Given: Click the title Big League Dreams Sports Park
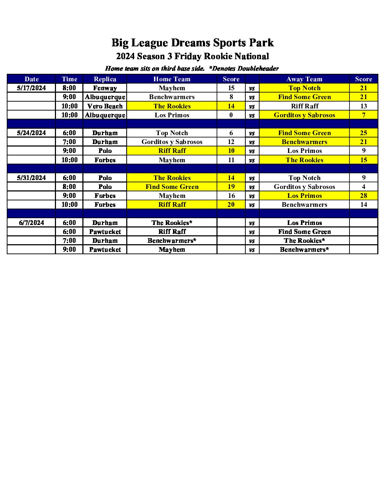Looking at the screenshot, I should [x=193, y=43].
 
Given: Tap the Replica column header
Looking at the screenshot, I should [x=105, y=79].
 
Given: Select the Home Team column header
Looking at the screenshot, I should [x=172, y=79].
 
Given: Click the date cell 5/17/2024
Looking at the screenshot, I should [x=31, y=88].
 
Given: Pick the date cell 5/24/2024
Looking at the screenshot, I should [x=31, y=133].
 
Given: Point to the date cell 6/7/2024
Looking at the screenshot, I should [x=31, y=223].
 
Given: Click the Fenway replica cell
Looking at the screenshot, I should [x=105, y=88].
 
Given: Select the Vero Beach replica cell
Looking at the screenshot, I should [x=105, y=106].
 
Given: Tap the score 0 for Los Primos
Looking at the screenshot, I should [x=231, y=115].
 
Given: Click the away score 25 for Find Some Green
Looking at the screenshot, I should [x=363, y=133].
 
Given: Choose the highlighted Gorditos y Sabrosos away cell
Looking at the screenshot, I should [x=304, y=115].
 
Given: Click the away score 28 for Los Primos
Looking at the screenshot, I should [x=363, y=196].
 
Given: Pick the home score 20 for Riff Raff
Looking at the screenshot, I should [x=231, y=205].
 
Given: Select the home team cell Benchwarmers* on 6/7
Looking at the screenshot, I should [x=172, y=241].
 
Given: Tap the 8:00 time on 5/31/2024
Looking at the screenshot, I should [x=69, y=187].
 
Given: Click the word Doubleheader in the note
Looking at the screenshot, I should [x=258, y=68].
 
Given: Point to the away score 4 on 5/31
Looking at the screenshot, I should [x=363, y=187].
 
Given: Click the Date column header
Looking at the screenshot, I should [x=31, y=79].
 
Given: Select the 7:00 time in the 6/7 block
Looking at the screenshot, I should [x=69, y=241].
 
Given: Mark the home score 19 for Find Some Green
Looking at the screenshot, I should [x=231, y=187].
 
